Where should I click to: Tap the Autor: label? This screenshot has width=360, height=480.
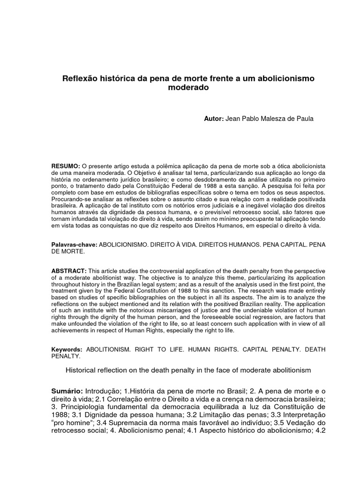click(214, 119)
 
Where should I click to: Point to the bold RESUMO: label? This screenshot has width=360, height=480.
click(66, 166)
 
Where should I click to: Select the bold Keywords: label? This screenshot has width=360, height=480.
click(67, 350)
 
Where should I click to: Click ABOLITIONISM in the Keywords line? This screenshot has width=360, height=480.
click(108, 350)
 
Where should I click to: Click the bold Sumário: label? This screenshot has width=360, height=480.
click(67, 391)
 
